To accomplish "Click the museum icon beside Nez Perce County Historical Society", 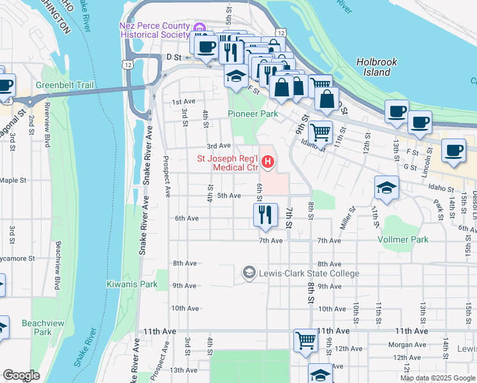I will tap(200, 27).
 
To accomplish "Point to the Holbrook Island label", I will tap(376, 67).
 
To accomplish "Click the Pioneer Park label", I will tap(253, 114).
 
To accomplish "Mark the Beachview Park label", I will tap(43, 327).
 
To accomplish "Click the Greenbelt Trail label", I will tap(64, 84).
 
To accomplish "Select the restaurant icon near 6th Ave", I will tap(265, 214).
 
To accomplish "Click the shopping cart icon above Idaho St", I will tap(321, 132).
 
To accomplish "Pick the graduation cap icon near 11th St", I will tap(386, 188).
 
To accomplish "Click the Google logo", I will tap(21, 375).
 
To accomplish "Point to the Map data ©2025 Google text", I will tap(437, 378).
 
